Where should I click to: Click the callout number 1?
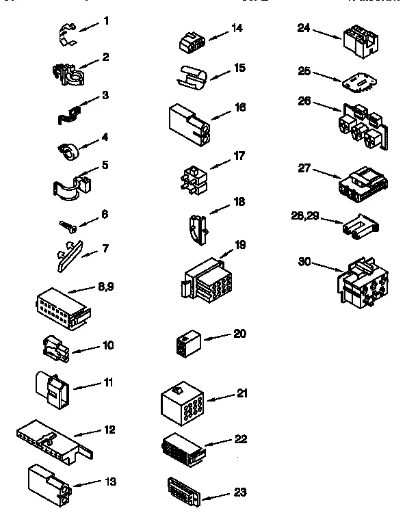click(x=106, y=21)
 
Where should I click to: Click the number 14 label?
click(x=237, y=27)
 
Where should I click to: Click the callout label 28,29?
click(x=304, y=216)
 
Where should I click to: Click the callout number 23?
click(x=239, y=492)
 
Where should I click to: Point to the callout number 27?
click(x=305, y=167)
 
